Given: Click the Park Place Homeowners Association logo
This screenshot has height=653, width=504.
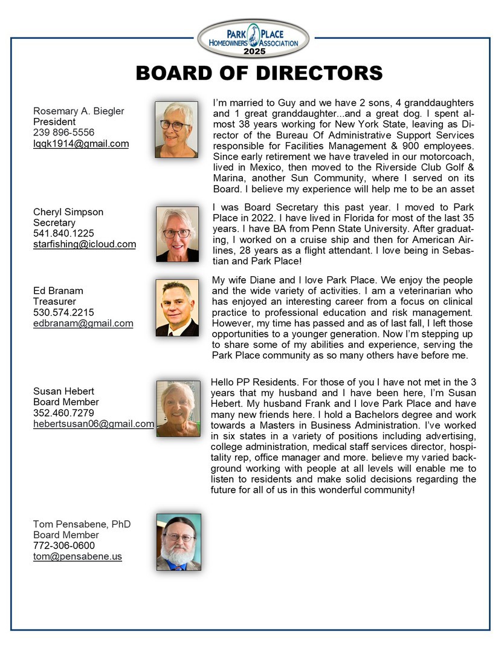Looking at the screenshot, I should pyautogui.click(x=253, y=39).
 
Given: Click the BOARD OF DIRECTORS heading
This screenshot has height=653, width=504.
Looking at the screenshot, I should pyautogui.click(x=259, y=73).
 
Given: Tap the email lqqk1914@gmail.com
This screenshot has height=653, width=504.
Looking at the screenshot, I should pyautogui.click(x=81, y=143).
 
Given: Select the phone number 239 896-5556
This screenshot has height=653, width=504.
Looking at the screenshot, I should pyautogui.click(x=63, y=132).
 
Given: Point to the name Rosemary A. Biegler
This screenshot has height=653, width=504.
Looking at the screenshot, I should pyautogui.click(x=79, y=111).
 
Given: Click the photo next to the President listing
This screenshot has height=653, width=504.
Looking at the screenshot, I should pyautogui.click(x=176, y=129).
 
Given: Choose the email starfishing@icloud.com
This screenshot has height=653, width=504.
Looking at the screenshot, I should pyautogui.click(x=84, y=244).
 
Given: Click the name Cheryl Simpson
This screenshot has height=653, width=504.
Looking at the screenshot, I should pyautogui.click(x=68, y=212).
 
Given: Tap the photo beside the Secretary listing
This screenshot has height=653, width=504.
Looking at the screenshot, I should pyautogui.click(x=177, y=233).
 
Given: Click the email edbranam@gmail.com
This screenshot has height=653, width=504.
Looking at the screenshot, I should pyautogui.click(x=83, y=323).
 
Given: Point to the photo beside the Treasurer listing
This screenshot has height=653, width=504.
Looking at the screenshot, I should pyautogui.click(x=177, y=308).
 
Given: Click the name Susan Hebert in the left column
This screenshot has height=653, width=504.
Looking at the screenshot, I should pyautogui.click(x=63, y=391).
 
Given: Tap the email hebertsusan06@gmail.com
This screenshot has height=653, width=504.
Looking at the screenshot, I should pyautogui.click(x=93, y=424).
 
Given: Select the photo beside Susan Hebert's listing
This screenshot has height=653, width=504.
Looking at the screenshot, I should pyautogui.click(x=178, y=409).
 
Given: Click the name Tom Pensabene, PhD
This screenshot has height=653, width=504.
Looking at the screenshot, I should pyautogui.click(x=82, y=524).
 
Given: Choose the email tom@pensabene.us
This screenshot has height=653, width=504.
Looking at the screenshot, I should pyautogui.click(x=77, y=556).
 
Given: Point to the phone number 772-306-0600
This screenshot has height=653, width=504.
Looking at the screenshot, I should pyautogui.click(x=64, y=545).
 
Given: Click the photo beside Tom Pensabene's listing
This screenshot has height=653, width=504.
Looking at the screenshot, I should pyautogui.click(x=178, y=542).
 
